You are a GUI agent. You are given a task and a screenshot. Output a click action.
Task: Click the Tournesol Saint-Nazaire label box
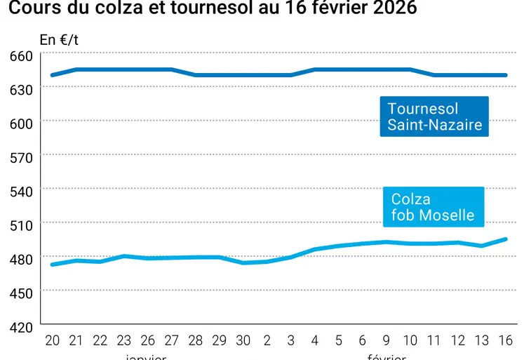tap(434, 116)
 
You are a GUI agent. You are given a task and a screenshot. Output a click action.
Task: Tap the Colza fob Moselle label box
tap(433, 207)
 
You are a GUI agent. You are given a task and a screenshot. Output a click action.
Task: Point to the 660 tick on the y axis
tap(22, 55)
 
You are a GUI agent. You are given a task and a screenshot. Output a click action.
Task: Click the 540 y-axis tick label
tap(22, 190)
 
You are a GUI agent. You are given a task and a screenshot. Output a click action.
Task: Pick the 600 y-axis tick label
tap(22, 123)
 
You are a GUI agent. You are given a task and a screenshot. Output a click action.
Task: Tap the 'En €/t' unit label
tap(59, 40)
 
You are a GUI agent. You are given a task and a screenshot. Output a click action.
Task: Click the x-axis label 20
tap(52, 340)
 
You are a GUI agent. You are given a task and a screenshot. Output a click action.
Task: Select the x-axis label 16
tap(505, 340)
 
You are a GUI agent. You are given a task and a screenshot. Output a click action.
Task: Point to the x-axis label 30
tap(243, 340)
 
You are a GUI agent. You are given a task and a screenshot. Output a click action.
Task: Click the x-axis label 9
tap(387, 340)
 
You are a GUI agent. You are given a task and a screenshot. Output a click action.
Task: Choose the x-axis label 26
tap(147, 340)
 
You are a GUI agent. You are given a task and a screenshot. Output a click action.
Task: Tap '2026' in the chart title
tap(392, 9)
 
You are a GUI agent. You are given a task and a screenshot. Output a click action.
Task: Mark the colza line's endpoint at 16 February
tap(505, 239)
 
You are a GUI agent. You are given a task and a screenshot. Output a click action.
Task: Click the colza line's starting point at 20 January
tap(52, 265)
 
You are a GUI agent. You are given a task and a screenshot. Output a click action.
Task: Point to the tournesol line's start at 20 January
tap(52, 75)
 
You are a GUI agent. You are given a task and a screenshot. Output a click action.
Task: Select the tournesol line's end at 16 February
tap(505, 75)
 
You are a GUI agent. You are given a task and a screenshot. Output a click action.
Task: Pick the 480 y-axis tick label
tap(22, 258)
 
